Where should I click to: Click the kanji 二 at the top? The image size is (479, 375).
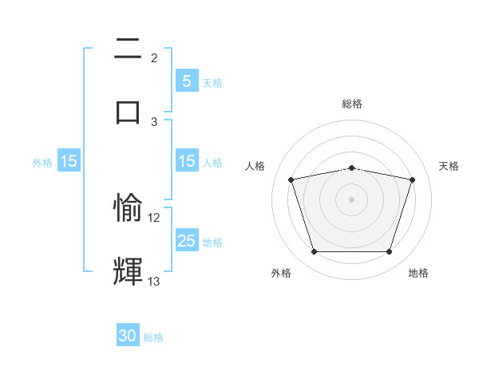point(128,50)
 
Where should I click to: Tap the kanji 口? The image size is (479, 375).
point(128,111)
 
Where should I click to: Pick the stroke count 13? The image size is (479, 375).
point(154,281)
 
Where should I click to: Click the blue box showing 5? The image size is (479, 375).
point(187,81)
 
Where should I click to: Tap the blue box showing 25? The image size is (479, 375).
point(187,241)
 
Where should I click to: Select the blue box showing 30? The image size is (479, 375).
point(128,337)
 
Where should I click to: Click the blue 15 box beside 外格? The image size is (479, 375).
point(69,161)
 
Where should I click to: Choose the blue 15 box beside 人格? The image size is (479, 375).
point(187,161)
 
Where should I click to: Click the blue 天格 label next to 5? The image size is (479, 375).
point(212,82)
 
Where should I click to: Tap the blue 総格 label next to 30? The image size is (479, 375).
point(153,337)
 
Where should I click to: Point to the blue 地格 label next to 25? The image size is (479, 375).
point(212,242)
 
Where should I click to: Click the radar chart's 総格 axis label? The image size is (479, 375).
point(352,104)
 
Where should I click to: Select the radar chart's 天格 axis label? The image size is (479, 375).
point(449,166)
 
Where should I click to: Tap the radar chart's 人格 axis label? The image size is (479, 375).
point(255,166)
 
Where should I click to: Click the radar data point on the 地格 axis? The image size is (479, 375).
point(389,252)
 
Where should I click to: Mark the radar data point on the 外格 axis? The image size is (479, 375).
point(314,252)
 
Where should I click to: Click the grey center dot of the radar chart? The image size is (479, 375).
point(351,199)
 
